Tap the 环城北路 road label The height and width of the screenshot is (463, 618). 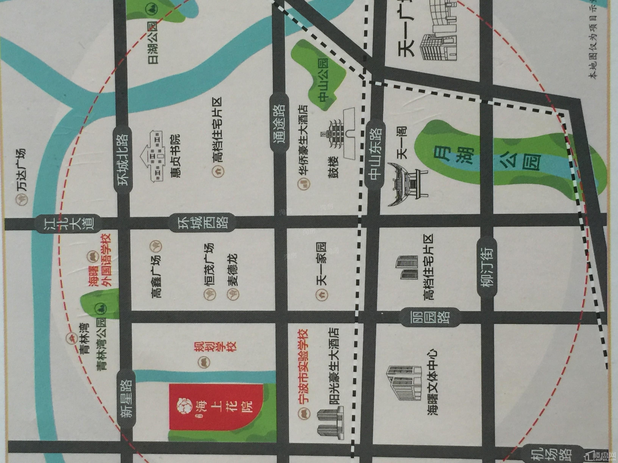coord(123,160)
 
